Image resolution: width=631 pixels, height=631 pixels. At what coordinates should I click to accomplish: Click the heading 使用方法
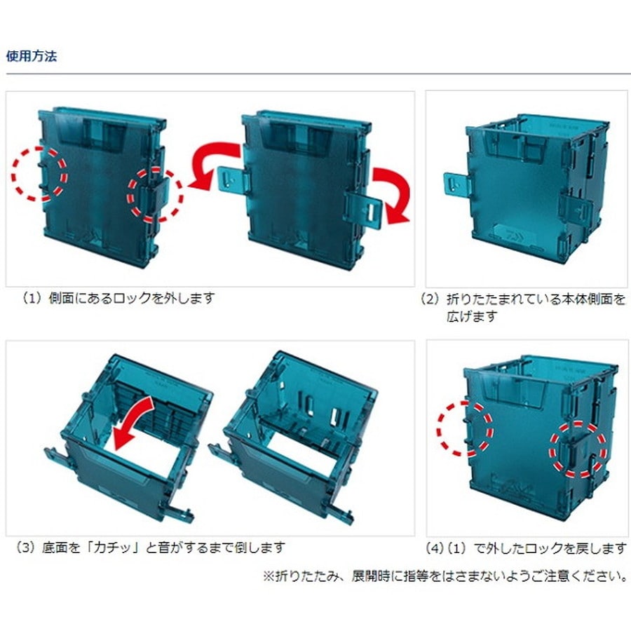coord(32,56)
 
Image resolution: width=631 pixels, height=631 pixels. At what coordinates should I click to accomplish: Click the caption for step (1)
coord(118,298)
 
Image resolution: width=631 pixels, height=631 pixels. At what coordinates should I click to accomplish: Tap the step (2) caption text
coord(523,308)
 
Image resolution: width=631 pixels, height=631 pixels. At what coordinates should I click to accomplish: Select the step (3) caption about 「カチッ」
coord(151,548)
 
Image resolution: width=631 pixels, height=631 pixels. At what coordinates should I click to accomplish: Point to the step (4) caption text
coord(527,548)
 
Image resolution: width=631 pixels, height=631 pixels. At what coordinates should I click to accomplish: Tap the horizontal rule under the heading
coord(318,74)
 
